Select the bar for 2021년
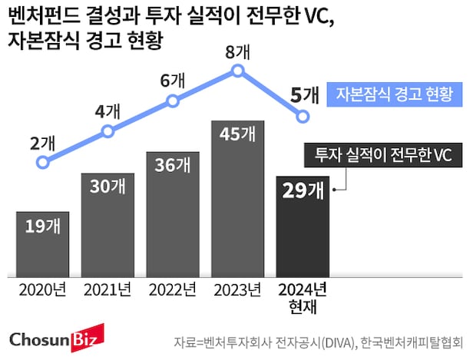pyautogui.click(x=107, y=223)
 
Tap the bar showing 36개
pyautogui.click(x=173, y=212)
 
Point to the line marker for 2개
pyautogui.click(x=43, y=162)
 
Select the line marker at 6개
pyautogui.click(x=173, y=100)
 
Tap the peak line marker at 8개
pyautogui.click(x=237, y=71)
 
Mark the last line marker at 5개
pyautogui.click(x=303, y=116)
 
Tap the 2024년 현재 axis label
pyautogui.click(x=303, y=298)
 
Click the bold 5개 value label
pyautogui.click(x=305, y=95)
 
